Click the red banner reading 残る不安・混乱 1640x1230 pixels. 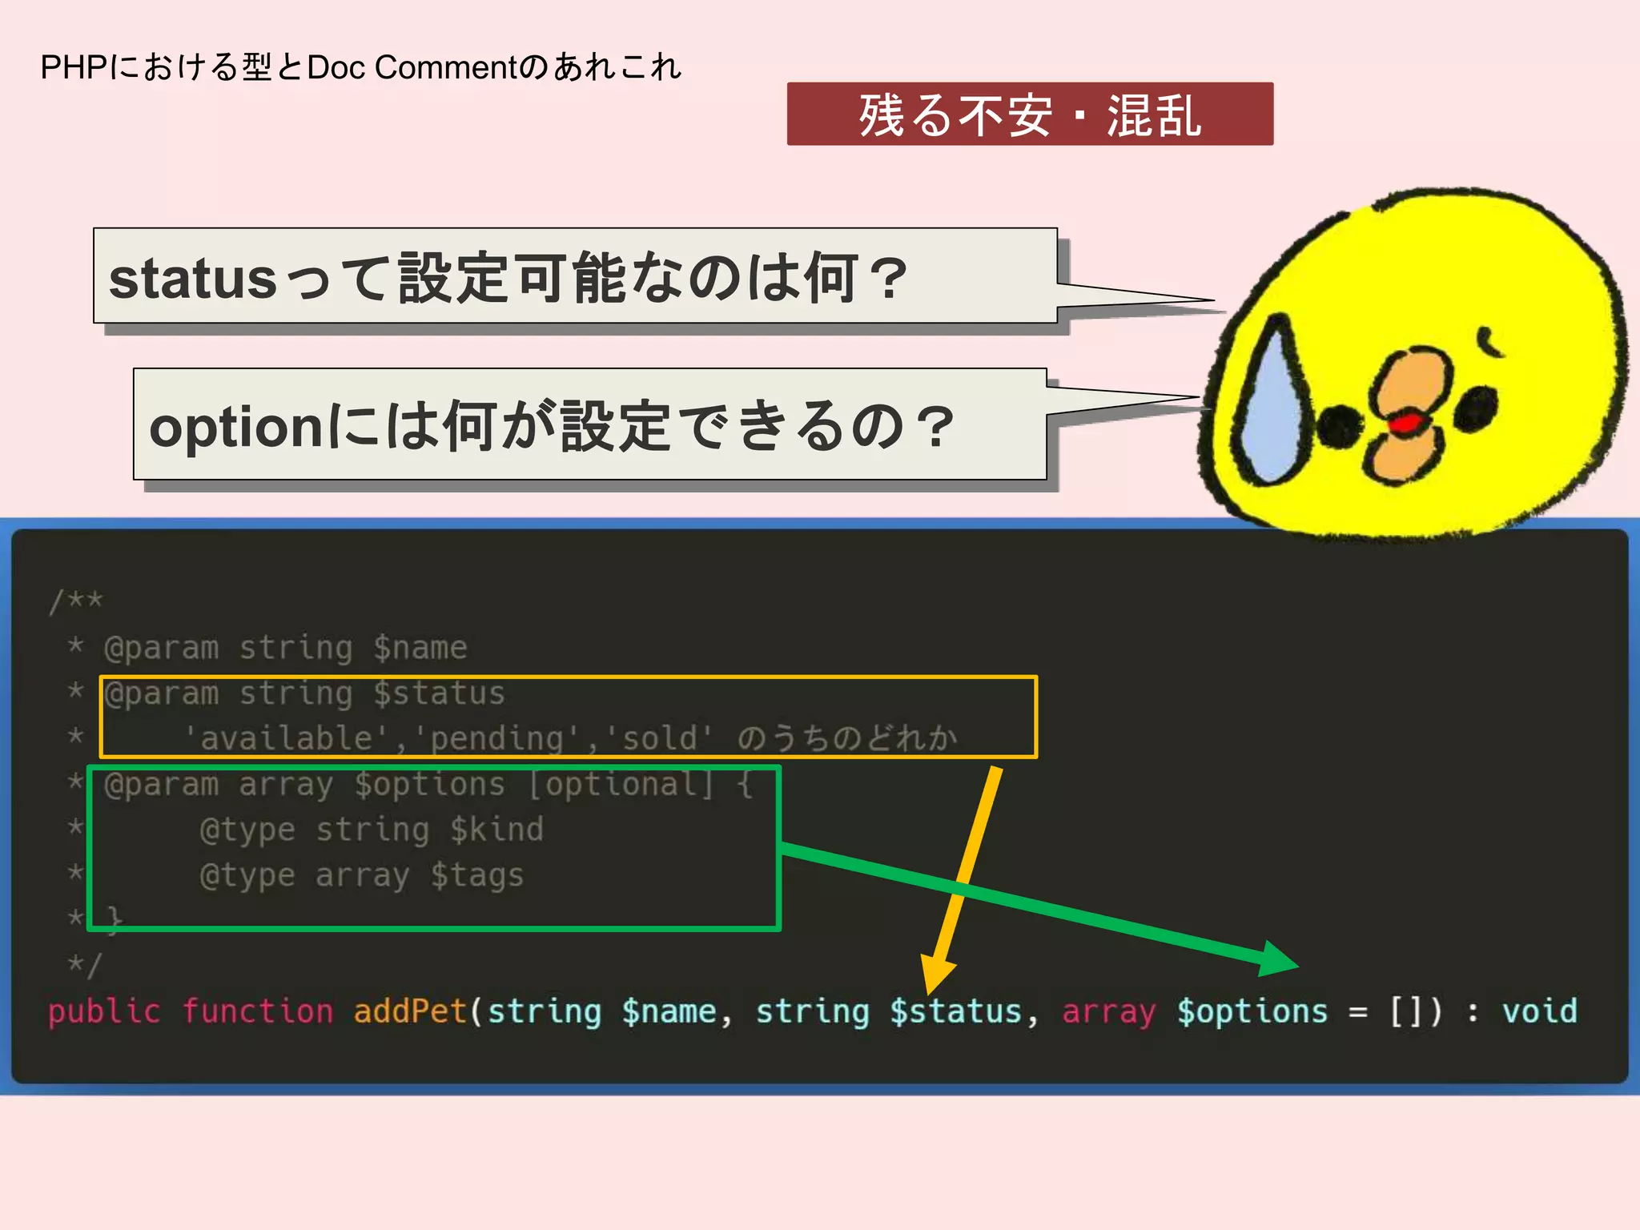[x=1030, y=115]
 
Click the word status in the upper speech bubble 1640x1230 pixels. [x=193, y=279]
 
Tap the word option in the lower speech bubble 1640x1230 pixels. [x=236, y=427]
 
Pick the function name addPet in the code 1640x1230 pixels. [x=410, y=1011]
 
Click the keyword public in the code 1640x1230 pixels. [x=103, y=1011]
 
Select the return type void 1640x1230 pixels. [x=1539, y=1011]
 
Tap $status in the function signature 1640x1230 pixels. [x=956, y=1011]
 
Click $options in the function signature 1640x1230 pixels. [x=1252, y=1011]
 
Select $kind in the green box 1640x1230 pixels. [x=496, y=830]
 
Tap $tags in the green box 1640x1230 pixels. [x=477, y=875]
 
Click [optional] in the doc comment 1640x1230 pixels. [x=621, y=784]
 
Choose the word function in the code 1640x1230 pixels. [x=257, y=1011]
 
